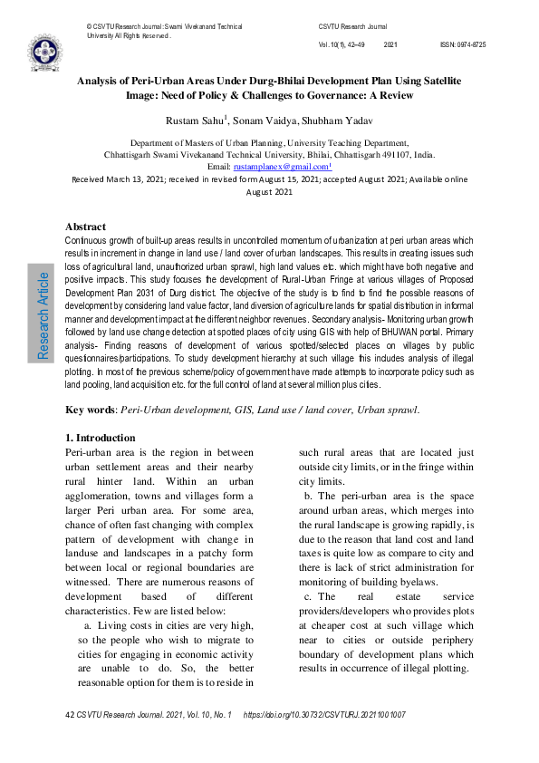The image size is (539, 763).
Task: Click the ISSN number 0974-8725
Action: pos(463,44)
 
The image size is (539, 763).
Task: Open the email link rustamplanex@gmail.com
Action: pos(282,168)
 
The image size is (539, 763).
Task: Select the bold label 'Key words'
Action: pos(89,410)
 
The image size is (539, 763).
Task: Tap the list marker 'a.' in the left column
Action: pos(87,626)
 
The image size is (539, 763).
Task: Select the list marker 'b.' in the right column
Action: pos(308,496)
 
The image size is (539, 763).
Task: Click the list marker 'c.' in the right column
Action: pos(308,597)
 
